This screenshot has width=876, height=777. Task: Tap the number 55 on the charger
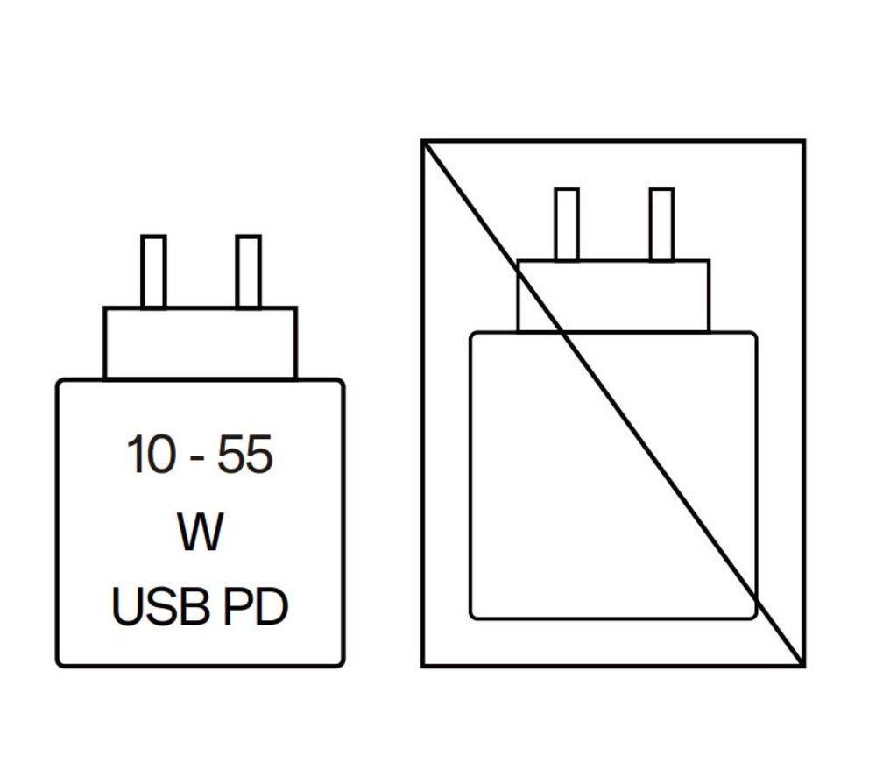(x=244, y=454)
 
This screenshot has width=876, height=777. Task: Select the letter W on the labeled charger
(x=200, y=531)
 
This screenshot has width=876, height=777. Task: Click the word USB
(x=160, y=607)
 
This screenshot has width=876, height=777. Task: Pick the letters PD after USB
(x=255, y=607)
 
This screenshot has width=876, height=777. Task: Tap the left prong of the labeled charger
(x=153, y=272)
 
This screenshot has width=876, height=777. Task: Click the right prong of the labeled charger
(x=248, y=272)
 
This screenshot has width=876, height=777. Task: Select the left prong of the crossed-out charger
(x=567, y=224)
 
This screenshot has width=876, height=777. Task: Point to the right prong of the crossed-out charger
(x=661, y=224)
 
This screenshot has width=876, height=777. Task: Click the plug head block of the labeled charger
(x=200, y=343)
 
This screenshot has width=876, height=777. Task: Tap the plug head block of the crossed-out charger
(x=613, y=296)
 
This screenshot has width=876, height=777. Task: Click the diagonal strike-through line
(x=613, y=403)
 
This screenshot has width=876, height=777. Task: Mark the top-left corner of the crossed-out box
(x=423, y=141)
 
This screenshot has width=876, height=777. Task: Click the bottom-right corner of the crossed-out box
(x=804, y=666)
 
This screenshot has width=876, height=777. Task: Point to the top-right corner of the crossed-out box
(x=804, y=141)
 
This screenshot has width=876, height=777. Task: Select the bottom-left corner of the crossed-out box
(x=423, y=666)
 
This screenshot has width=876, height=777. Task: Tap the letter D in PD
(x=272, y=607)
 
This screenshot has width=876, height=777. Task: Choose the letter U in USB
(x=127, y=607)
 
